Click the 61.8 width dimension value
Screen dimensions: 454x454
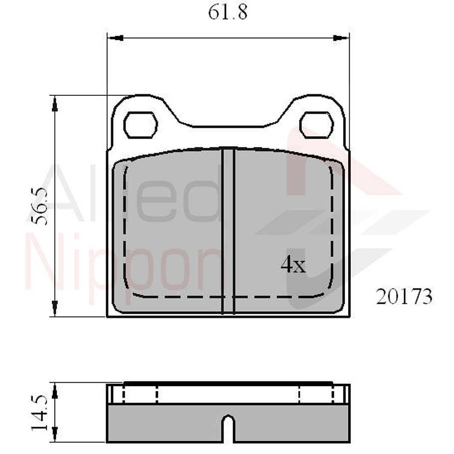click(x=227, y=12)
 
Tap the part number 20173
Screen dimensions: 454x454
click(x=404, y=297)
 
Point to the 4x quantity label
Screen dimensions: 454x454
click(x=293, y=265)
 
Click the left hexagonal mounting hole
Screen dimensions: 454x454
click(x=141, y=125)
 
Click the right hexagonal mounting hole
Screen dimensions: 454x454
click(x=316, y=125)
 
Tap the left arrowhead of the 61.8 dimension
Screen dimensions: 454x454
click(x=115, y=38)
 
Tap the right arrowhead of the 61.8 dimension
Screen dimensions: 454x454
click(x=341, y=38)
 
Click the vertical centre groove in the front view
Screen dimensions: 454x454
click(x=228, y=229)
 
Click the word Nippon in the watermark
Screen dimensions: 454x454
click(x=125, y=269)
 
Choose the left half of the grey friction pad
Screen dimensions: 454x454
click(x=170, y=229)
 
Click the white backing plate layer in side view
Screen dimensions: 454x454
click(x=228, y=394)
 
